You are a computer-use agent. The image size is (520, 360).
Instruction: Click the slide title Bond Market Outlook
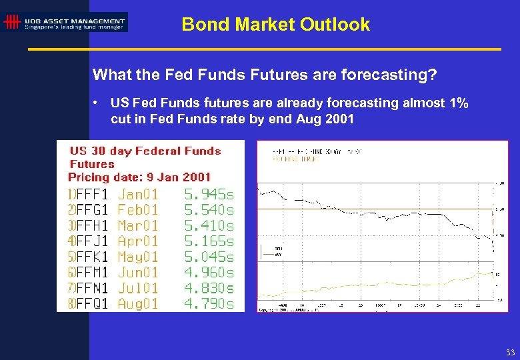(275, 25)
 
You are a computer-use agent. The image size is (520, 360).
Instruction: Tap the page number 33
(510, 352)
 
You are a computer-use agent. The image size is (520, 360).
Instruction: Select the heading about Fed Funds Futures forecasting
(265, 75)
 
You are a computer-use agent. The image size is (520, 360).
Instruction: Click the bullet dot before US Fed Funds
(97, 103)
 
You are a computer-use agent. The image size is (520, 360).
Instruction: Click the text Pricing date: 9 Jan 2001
(139, 177)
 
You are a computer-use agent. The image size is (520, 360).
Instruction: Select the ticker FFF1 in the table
(91, 195)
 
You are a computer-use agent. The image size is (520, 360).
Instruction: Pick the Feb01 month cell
(138, 210)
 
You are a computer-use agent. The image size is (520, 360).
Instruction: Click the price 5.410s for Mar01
(209, 226)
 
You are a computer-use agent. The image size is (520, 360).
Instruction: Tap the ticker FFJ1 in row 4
(91, 241)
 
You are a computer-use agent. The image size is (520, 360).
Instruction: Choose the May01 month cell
(138, 257)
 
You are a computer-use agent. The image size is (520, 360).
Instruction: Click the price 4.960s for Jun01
(209, 272)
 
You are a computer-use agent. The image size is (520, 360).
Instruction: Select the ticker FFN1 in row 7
(91, 288)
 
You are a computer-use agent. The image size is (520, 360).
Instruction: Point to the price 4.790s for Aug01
(209, 303)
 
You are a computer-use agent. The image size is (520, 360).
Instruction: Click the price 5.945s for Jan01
(209, 195)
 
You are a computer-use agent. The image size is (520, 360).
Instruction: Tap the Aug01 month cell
(138, 303)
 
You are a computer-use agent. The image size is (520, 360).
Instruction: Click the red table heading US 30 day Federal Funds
(145, 151)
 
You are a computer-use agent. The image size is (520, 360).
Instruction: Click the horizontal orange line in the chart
(373, 209)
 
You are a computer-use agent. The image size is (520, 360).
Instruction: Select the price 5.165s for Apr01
(209, 241)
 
